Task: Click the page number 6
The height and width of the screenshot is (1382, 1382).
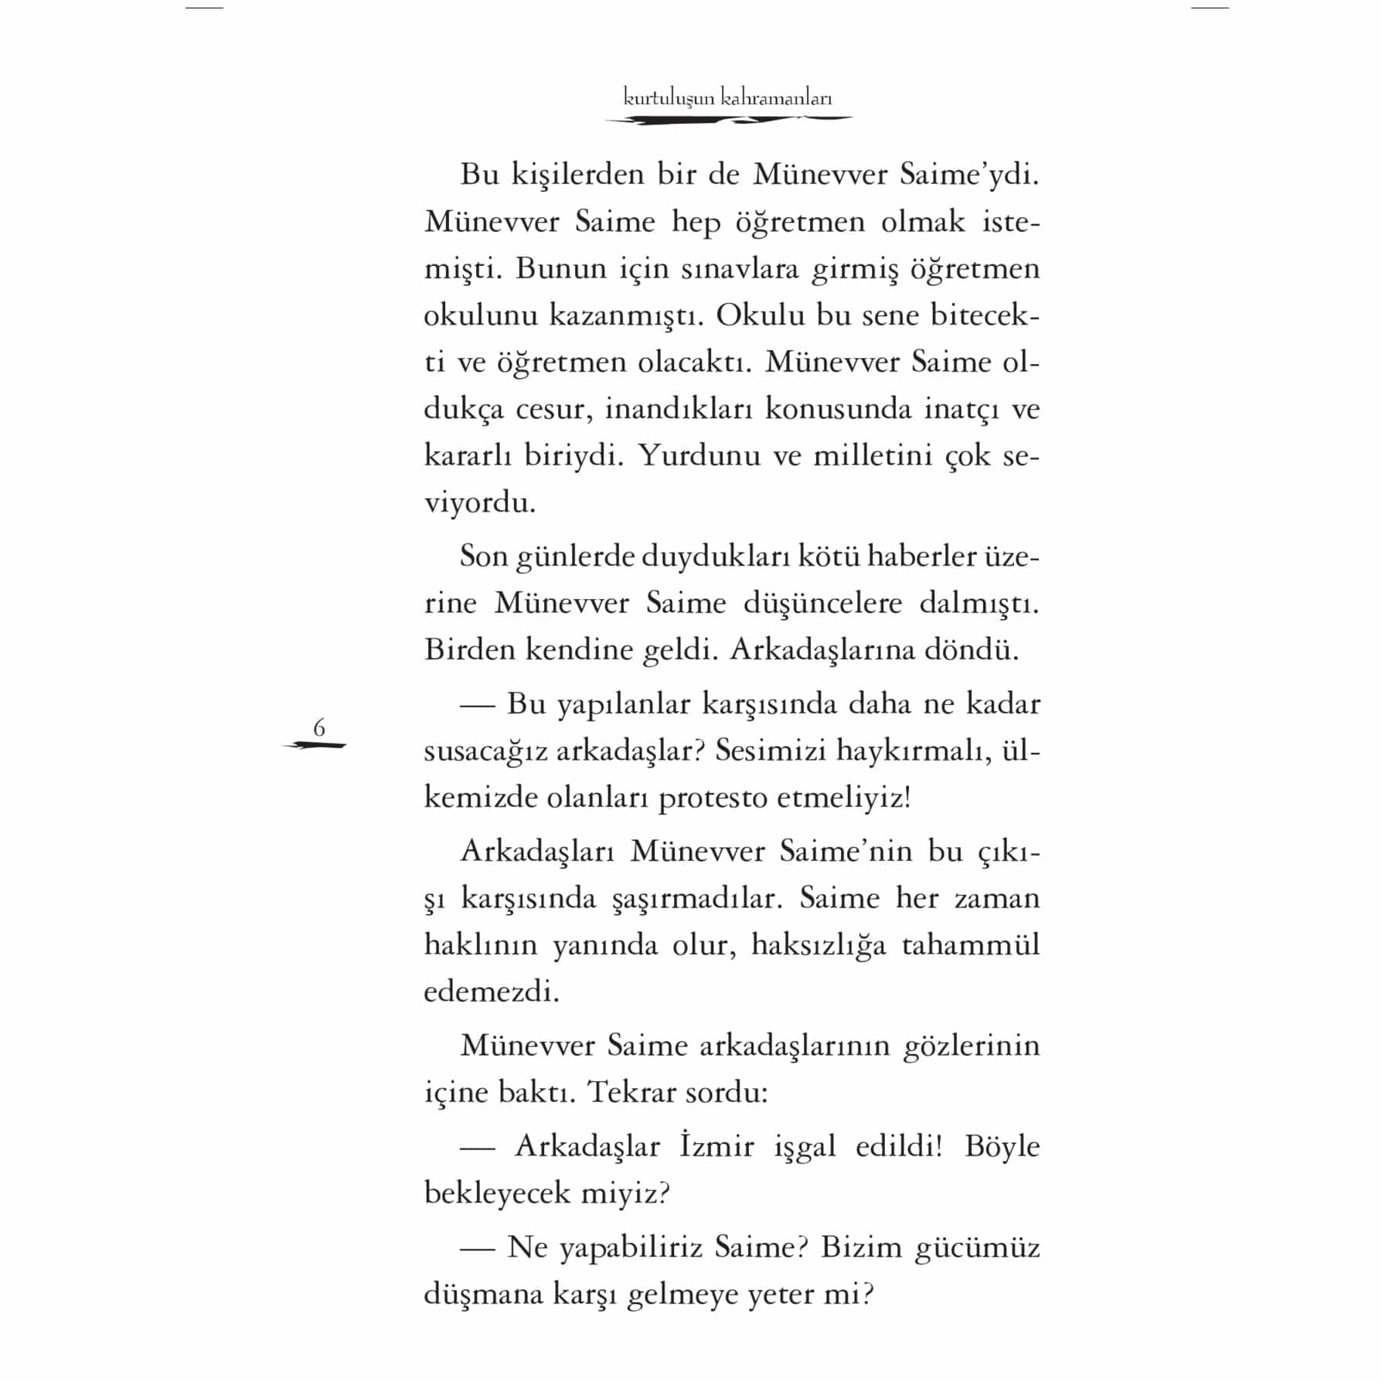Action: point(318,727)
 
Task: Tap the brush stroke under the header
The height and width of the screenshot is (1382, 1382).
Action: point(728,120)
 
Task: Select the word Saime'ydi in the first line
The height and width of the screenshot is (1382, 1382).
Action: point(969,175)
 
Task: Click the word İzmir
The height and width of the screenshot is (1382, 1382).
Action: point(717,1146)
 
